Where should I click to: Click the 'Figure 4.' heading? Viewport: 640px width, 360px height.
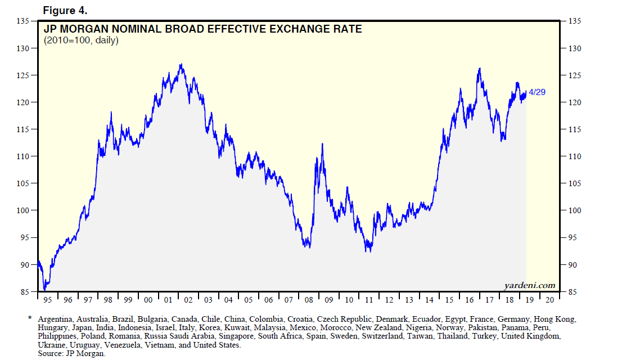tap(65, 11)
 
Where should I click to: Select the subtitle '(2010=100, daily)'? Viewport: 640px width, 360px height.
tap(80, 40)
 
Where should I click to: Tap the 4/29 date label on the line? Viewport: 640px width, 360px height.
tap(537, 92)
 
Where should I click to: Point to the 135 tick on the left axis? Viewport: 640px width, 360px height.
tap(23, 21)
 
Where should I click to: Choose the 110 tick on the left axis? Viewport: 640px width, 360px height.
tap(23, 156)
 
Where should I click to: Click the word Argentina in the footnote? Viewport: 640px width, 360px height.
tap(55, 319)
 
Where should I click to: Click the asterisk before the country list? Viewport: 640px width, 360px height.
tap(30, 319)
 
